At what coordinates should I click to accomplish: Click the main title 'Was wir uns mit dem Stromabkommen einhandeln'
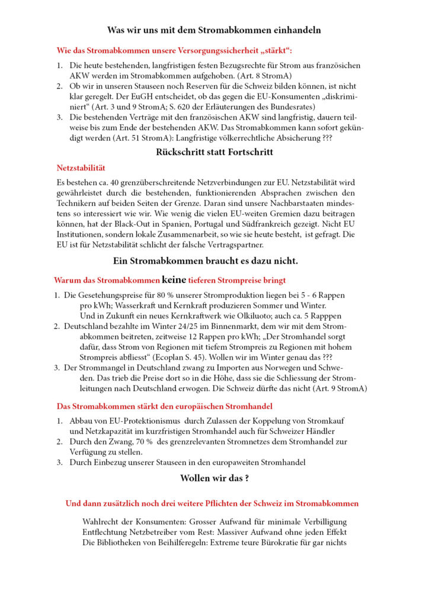pos(214,30)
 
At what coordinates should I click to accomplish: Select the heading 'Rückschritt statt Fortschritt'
pos(214,152)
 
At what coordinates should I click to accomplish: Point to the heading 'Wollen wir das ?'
pos(214,478)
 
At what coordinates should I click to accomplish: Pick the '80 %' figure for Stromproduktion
pos(177,295)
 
